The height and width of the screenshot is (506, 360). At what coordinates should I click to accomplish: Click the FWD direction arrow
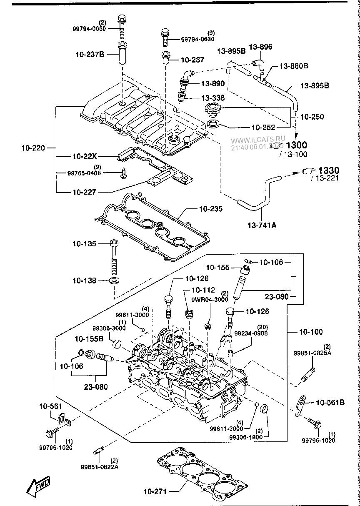(38, 486)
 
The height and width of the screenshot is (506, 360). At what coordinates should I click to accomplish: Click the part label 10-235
(210, 208)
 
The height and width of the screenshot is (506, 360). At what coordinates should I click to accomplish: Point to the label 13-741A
(262, 225)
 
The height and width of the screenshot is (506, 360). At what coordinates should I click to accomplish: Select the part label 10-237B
(90, 54)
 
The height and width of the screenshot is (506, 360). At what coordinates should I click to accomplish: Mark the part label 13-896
(260, 47)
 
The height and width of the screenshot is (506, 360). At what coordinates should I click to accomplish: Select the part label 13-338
(212, 98)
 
